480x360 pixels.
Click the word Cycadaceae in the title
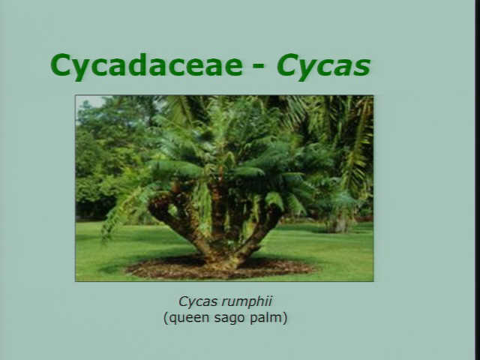147,65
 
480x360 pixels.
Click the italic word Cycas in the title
323,65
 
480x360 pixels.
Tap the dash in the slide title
259,66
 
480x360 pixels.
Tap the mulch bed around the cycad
220,269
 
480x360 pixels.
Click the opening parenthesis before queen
166,318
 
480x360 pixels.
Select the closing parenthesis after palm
285,318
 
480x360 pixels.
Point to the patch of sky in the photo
91,100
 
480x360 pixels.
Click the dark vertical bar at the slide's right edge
477,180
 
